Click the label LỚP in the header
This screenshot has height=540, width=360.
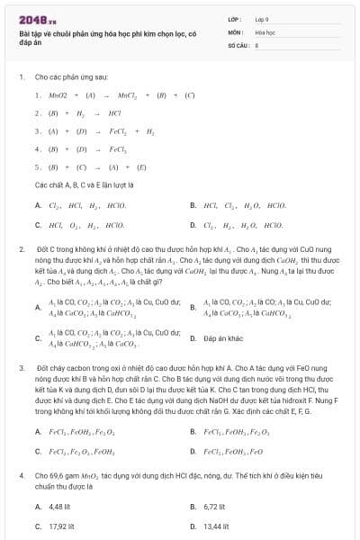point(235,17)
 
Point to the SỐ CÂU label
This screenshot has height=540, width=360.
point(238,43)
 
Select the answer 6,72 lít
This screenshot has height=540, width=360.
point(215,506)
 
